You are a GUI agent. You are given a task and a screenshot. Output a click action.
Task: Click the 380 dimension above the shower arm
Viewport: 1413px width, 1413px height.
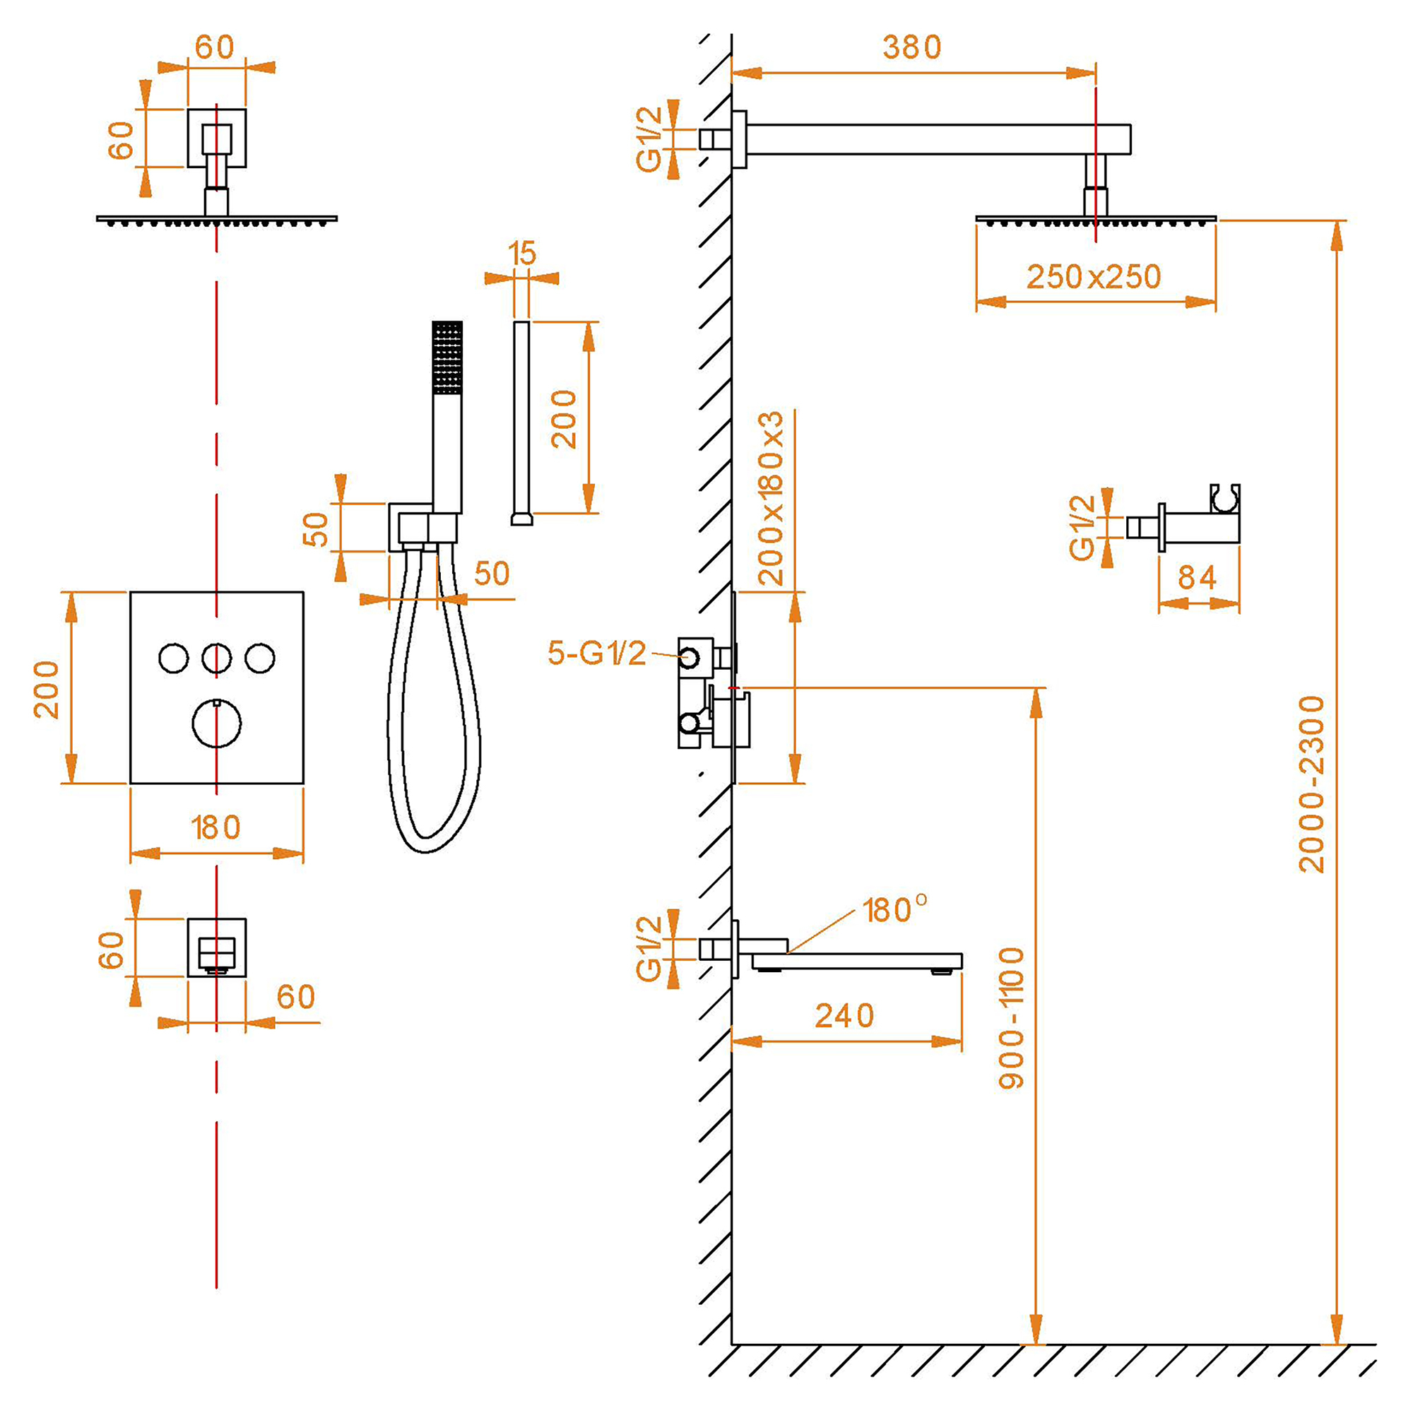click(911, 47)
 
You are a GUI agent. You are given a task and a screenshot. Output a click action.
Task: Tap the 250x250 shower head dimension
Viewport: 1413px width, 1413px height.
click(1094, 277)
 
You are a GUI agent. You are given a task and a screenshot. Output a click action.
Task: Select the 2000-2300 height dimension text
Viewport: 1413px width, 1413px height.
click(1311, 784)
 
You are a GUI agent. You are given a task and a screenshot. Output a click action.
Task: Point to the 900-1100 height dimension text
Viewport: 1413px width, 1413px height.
click(1012, 1018)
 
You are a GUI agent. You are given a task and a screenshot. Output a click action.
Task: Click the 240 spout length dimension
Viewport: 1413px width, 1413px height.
click(845, 1016)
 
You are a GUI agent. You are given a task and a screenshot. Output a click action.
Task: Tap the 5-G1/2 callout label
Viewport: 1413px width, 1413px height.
click(597, 653)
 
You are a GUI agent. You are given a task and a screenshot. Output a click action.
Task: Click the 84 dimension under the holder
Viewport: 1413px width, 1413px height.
click(1198, 578)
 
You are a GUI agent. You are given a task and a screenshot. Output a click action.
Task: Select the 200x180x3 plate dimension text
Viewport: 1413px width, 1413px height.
click(771, 498)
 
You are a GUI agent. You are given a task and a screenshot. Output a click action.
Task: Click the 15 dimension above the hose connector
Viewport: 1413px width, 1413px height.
click(522, 254)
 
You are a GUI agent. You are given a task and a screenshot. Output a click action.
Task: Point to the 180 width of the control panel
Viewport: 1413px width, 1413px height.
click(215, 828)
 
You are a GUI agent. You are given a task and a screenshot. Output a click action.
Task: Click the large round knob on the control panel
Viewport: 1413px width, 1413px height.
click(216, 723)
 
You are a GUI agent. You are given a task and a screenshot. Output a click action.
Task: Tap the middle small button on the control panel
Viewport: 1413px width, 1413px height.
click(216, 658)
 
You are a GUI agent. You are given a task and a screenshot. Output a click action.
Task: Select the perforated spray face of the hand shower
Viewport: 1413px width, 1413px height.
click(447, 357)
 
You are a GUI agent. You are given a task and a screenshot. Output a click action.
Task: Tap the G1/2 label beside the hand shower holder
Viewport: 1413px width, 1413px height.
click(1082, 527)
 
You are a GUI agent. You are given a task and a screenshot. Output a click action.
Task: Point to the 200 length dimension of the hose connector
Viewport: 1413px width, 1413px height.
click(564, 418)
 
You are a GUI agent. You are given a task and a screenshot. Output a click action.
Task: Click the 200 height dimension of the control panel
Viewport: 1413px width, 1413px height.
click(47, 689)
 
